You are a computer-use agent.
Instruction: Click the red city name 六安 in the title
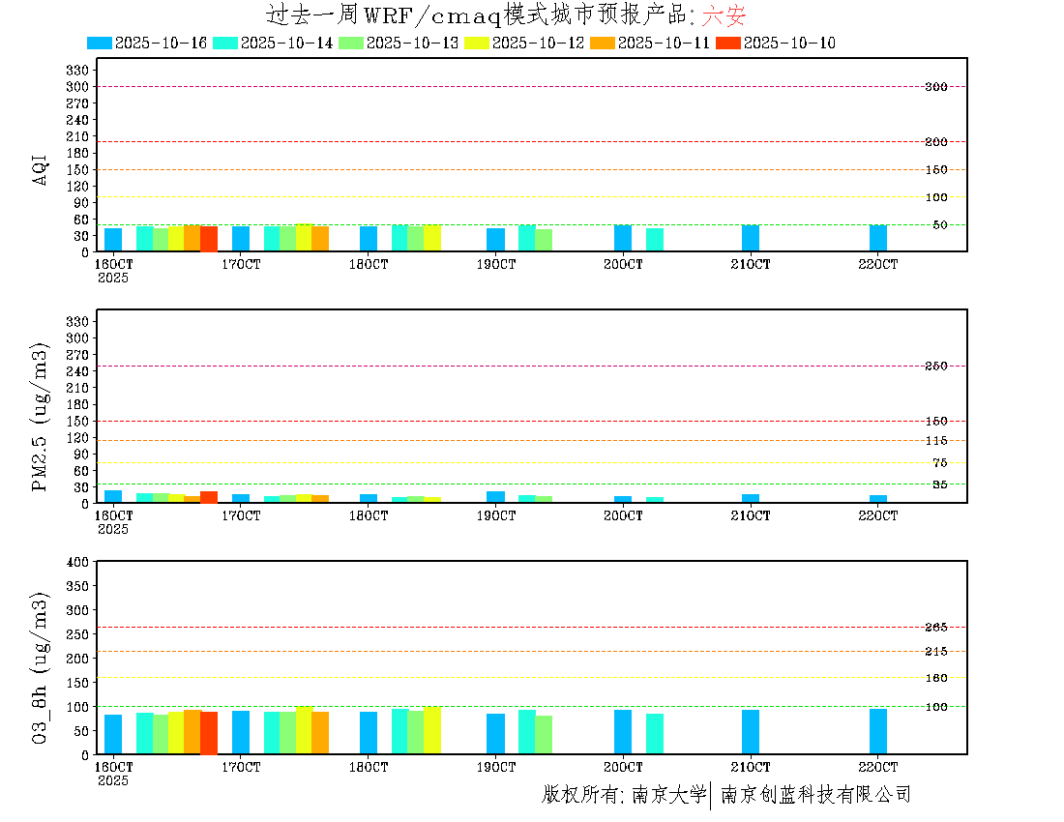(724, 15)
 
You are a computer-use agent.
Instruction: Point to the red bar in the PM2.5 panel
(209, 497)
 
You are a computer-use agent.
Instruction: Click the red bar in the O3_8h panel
(209, 733)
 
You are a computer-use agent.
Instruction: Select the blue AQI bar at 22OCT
(878, 238)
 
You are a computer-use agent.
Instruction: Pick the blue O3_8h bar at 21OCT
(751, 732)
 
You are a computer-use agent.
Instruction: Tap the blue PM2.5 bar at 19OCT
(495, 497)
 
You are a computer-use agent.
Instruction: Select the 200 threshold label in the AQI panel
(935, 142)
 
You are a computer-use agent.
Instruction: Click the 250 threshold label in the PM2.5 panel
(935, 367)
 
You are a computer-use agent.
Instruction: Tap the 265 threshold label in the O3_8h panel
(935, 628)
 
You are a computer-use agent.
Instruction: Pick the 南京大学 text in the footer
(668, 795)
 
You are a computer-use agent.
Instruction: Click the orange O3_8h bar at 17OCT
(320, 733)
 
